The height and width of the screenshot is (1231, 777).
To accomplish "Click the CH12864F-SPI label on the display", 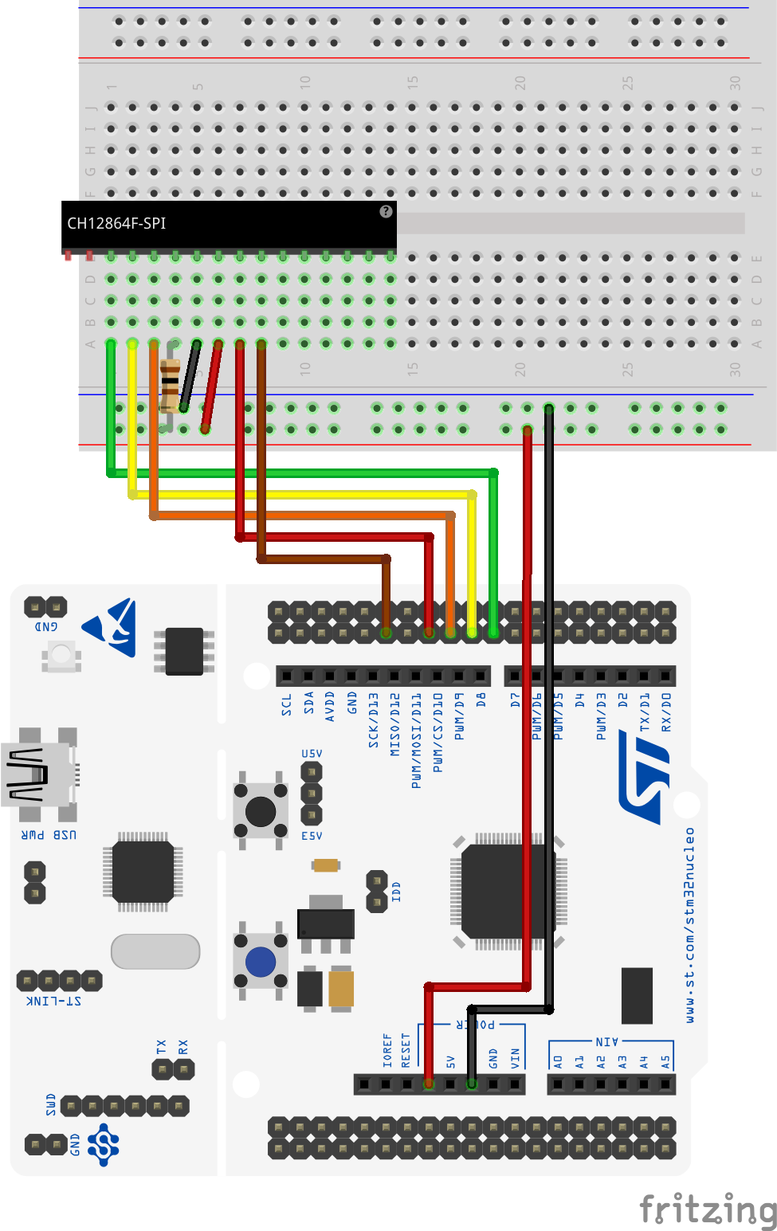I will [x=116, y=224].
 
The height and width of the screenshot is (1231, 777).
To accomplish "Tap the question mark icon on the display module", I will [x=386, y=211].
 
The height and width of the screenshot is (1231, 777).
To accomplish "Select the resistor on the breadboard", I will [x=170, y=385].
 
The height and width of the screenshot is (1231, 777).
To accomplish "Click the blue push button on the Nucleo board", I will [x=261, y=962].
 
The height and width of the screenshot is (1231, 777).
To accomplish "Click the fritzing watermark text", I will [x=707, y=1209].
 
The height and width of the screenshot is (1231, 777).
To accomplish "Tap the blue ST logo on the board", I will [x=645, y=781].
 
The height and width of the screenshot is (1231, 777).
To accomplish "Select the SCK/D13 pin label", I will [x=373, y=719].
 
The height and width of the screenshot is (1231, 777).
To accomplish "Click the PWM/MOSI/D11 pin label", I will [x=416, y=740].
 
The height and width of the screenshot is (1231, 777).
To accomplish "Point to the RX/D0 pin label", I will [x=666, y=712].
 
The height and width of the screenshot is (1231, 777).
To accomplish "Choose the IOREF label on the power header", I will [x=387, y=1050].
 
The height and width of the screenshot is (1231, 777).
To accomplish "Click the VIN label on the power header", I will [x=515, y=1057].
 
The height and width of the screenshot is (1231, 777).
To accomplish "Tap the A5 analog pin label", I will [x=665, y=1061].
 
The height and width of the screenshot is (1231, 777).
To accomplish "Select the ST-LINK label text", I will [x=54, y=1001].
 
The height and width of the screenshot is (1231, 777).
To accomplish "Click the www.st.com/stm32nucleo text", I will [x=689, y=924].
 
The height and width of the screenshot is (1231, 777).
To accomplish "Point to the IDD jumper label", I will [x=396, y=892].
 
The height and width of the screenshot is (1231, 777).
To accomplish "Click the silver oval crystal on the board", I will [x=155, y=951].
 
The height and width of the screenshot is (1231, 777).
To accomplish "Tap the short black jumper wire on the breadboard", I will [x=190, y=375].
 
